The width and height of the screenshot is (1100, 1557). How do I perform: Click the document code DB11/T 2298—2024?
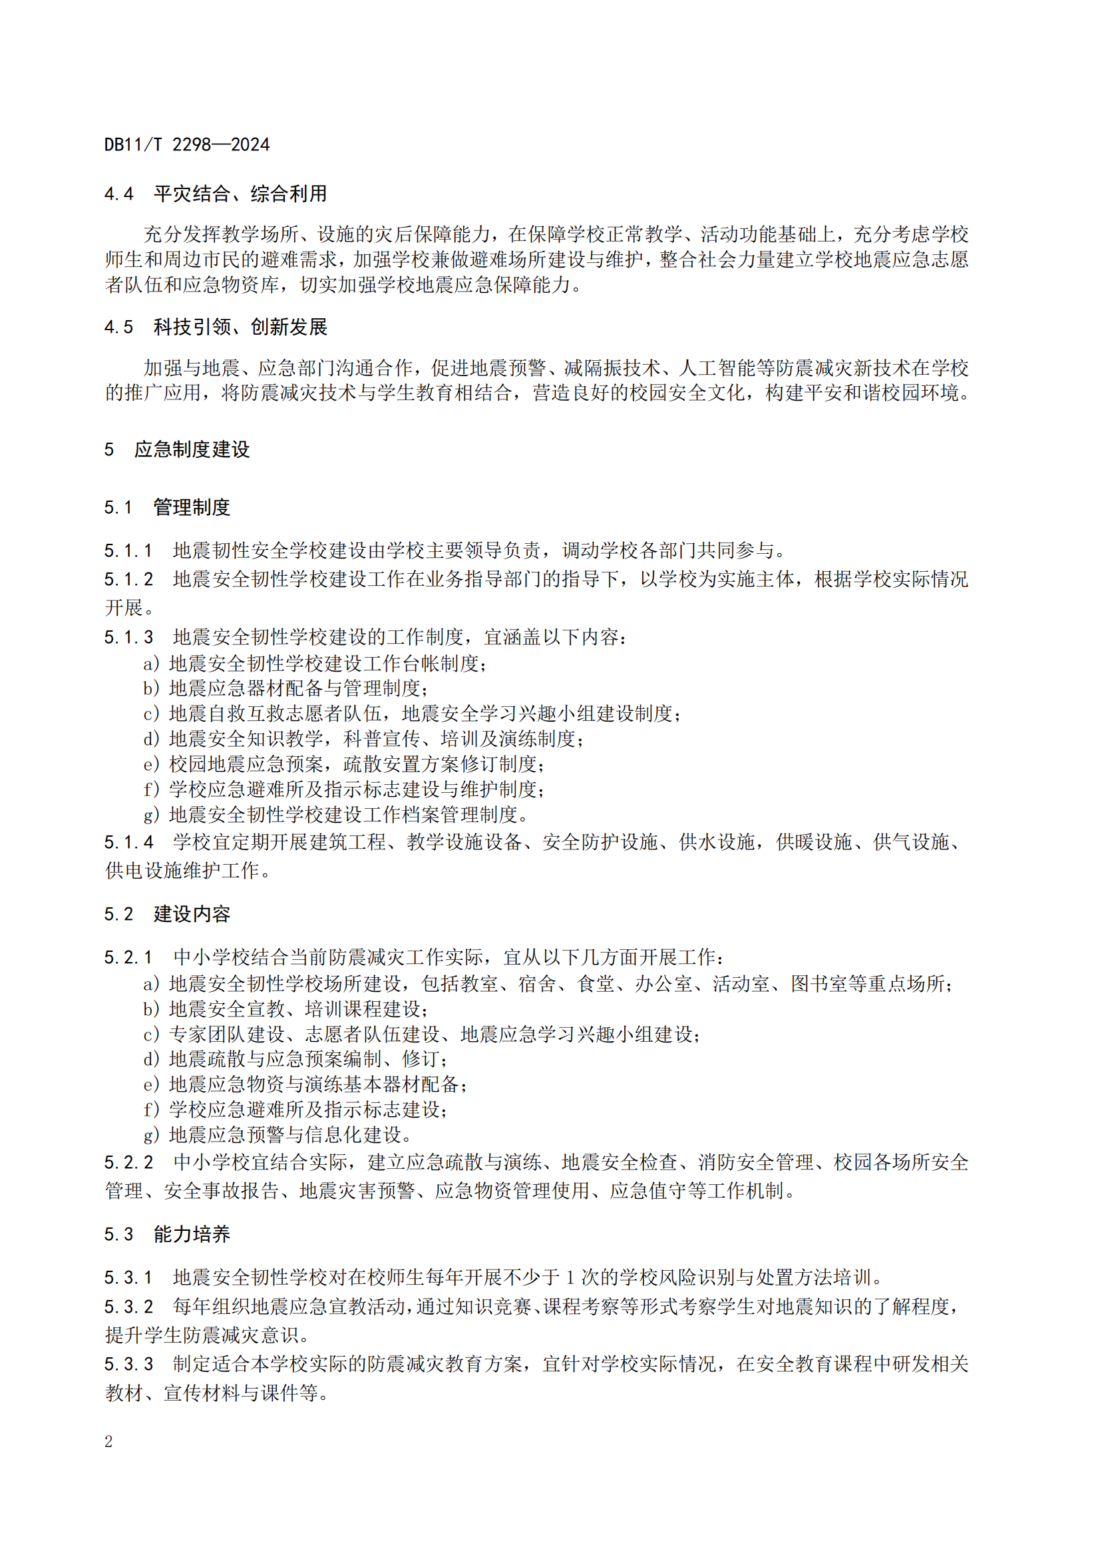coord(187,144)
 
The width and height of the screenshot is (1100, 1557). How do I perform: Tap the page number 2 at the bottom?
coord(108,1441)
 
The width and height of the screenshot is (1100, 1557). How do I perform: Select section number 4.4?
coord(118,194)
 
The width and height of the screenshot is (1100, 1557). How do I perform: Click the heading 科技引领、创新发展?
coord(240,328)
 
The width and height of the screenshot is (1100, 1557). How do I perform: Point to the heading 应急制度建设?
coord(192,449)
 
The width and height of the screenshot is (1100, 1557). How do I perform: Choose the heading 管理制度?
coord(192,507)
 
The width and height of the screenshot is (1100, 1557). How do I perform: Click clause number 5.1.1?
coord(128,551)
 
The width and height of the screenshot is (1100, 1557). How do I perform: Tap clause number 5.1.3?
coord(128,638)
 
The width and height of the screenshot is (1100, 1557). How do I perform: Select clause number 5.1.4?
coord(128,842)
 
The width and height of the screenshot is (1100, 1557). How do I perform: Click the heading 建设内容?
coord(192,914)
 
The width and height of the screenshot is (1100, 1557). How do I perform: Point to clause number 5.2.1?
coord(128,957)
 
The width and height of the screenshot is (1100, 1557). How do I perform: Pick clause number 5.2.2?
coord(128,1163)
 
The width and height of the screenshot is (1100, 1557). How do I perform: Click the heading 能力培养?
coord(192,1234)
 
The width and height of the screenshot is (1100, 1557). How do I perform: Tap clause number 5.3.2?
coord(128,1307)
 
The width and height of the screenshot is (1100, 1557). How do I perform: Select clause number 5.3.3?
coord(128,1364)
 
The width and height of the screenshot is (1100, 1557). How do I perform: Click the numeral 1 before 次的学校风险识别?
coord(570,1277)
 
